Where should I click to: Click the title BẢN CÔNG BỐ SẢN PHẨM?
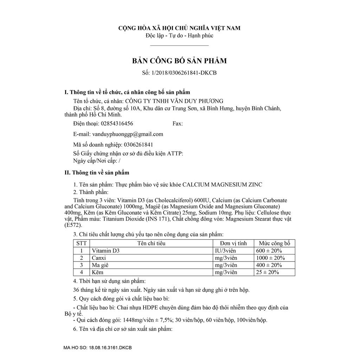tap(179, 61)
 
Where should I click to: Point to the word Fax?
tap(178, 124)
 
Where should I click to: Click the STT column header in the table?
tap(81, 243)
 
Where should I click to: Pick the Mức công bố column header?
tap(275, 243)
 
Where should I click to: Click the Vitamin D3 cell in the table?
tap(103, 251)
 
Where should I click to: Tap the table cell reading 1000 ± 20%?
tap(270, 258)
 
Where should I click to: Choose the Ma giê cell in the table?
tap(101, 265)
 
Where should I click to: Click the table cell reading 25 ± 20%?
tap(267, 272)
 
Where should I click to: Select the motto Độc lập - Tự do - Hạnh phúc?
tap(179, 36)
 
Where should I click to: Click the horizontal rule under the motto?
tap(179, 45)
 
